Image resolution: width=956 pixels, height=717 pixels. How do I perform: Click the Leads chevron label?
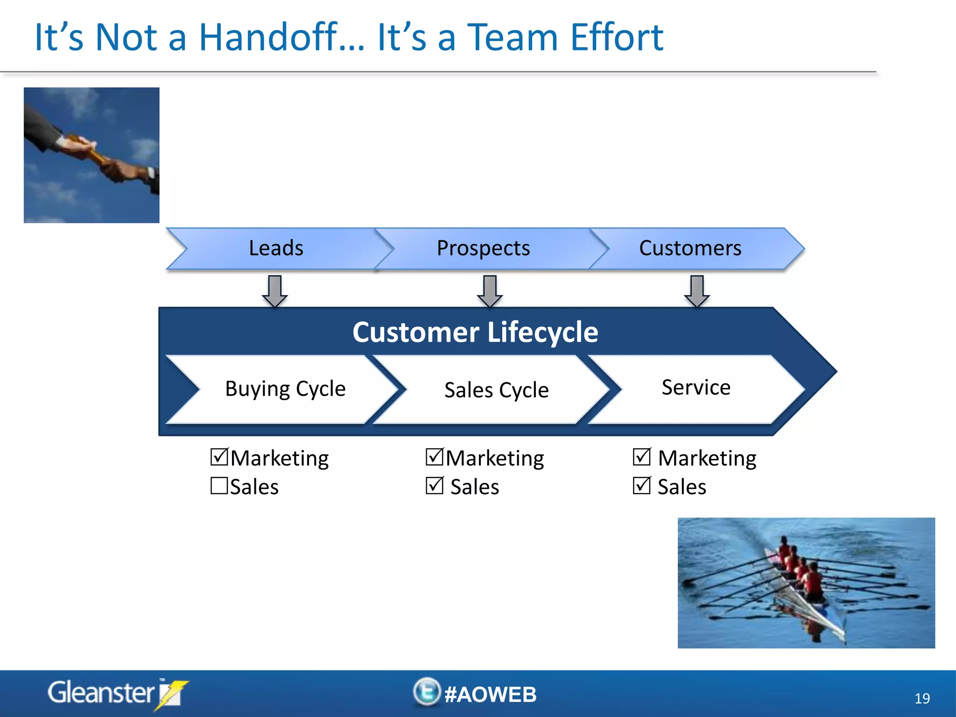tap(276, 248)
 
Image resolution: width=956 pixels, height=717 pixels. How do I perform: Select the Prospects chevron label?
tap(483, 248)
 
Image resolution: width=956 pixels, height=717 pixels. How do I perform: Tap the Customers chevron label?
tap(690, 248)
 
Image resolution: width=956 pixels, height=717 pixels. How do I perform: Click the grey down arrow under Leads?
tap(274, 291)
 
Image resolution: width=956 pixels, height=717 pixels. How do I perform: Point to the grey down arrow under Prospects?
tap(490, 291)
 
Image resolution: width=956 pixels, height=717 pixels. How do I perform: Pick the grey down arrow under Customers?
tap(697, 291)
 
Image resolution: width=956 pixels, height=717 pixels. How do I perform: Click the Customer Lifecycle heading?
tap(475, 332)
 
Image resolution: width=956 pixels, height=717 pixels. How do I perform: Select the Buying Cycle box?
tap(285, 389)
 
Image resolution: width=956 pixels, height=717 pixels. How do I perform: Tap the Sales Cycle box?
tap(496, 390)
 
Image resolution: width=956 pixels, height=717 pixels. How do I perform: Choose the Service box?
tap(696, 387)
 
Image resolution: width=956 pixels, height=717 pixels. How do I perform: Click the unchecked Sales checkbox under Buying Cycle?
tap(219, 485)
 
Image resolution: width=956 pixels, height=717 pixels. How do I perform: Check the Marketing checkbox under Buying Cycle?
tap(219, 457)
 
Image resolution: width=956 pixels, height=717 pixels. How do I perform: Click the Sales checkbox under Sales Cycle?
tap(434, 485)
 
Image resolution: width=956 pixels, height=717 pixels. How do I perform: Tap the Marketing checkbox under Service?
tap(641, 457)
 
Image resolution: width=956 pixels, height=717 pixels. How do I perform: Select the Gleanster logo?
tap(117, 693)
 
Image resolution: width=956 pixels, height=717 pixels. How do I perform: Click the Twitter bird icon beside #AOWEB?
tap(427, 692)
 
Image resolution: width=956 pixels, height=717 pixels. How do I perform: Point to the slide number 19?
tap(922, 698)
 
